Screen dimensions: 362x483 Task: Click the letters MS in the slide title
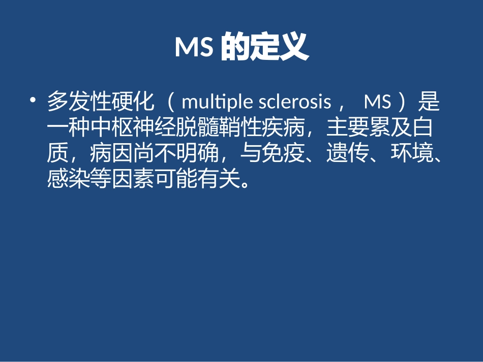194,48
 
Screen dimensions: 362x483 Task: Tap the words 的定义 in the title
264,48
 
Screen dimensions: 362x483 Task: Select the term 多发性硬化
100,103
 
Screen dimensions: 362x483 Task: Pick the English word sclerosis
295,103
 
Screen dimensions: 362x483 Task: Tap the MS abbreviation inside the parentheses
378,103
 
